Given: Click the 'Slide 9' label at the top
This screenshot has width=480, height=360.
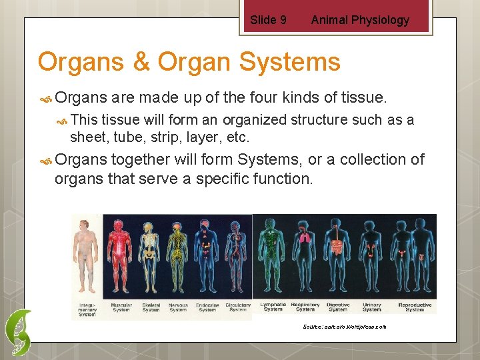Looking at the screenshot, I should [x=268, y=20].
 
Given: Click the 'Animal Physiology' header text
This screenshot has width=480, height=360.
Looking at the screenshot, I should [x=360, y=20].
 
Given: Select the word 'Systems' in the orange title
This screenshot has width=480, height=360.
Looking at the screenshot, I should [x=288, y=62].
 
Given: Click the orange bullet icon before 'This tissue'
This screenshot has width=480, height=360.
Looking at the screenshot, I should [x=61, y=120].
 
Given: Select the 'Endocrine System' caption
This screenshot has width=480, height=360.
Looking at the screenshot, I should [x=207, y=307].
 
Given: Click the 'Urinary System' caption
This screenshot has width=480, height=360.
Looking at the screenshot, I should [x=372, y=307].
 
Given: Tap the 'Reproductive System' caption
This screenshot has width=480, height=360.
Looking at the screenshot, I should [x=415, y=307].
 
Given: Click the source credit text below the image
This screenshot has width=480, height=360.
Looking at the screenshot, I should [x=344, y=327].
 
